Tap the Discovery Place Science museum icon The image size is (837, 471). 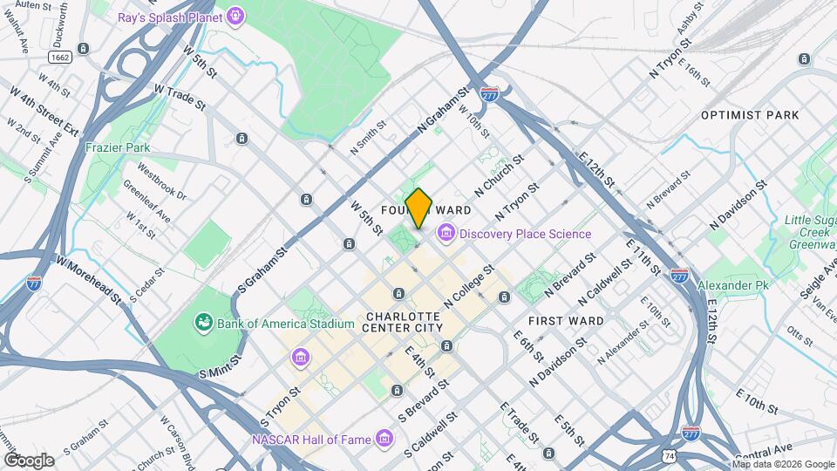click(x=446, y=233)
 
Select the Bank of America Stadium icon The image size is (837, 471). click(x=204, y=324)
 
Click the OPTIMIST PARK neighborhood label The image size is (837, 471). click(x=750, y=115)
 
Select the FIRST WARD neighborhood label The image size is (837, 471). click(x=572, y=321)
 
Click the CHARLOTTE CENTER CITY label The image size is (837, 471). click(x=405, y=322)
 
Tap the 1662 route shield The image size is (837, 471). click(x=60, y=57)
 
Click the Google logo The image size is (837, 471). click(x=28, y=461)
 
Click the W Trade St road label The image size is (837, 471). click(x=179, y=97)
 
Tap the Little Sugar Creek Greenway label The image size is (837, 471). click(x=808, y=234)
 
